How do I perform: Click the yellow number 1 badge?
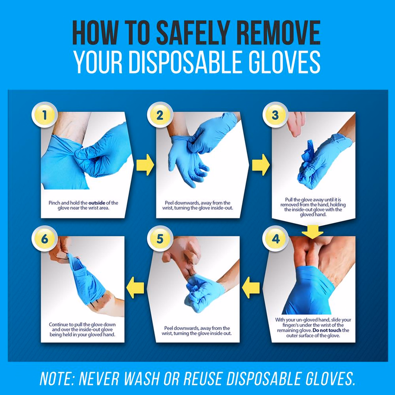click(x=44, y=115)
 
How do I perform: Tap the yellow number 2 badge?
click(x=160, y=115)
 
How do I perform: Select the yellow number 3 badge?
click(x=276, y=115)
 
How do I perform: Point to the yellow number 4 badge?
click(x=276, y=238)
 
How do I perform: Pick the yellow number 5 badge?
click(x=160, y=238)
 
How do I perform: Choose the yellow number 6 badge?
click(x=44, y=238)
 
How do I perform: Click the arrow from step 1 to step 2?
click(x=145, y=165)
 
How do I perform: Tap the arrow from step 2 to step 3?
click(x=261, y=165)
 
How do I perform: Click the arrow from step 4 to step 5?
click(x=251, y=287)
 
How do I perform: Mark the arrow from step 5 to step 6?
click(x=135, y=287)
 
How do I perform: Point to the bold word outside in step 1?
click(x=97, y=203)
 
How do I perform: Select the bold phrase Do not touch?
click(x=327, y=330)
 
